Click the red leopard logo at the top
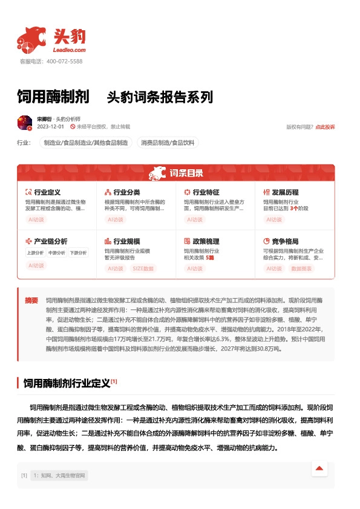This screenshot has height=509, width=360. click(x=30, y=40)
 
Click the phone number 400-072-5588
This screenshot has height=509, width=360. click(x=64, y=61)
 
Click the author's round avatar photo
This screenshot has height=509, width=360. click(x=25, y=123)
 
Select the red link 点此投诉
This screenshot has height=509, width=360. click(x=325, y=127)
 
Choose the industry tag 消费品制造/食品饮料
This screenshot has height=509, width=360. click(x=168, y=143)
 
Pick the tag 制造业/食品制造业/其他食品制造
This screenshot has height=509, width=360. click(x=85, y=143)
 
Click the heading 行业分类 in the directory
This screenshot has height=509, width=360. click(x=126, y=192)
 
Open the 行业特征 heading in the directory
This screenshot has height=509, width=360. click(x=206, y=192)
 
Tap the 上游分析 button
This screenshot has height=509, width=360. click(x=36, y=253)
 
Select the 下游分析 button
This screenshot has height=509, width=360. click(x=77, y=253)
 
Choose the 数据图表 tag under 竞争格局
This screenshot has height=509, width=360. click(x=301, y=268)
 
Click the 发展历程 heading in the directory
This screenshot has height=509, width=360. click(x=285, y=192)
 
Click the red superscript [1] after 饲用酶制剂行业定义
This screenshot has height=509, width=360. click(x=114, y=381)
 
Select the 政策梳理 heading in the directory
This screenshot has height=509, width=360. click(x=206, y=241)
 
